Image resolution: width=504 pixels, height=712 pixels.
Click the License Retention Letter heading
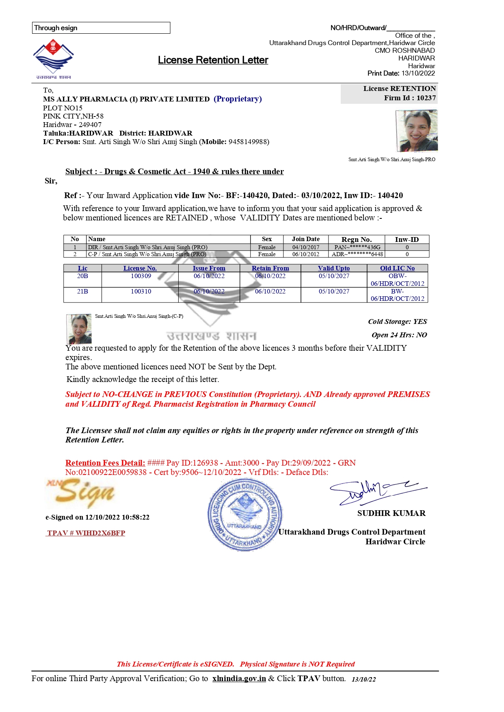coord(213,60)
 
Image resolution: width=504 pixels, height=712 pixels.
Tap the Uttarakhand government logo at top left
coord(53,57)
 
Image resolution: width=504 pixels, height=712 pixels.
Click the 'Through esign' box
coord(101,28)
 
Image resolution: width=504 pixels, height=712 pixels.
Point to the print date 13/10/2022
coord(418,73)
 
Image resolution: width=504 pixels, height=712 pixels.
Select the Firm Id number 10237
coord(426,98)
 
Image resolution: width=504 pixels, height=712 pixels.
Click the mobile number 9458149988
coord(248,142)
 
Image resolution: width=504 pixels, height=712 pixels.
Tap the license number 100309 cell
coord(141,276)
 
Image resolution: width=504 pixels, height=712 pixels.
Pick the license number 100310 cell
coord(141,291)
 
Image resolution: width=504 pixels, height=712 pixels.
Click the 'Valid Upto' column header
coord(333,268)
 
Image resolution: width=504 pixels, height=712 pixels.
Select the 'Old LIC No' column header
coord(397,268)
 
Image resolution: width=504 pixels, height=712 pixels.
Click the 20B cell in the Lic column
coord(82,276)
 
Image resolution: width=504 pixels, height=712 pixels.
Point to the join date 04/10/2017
coord(305,247)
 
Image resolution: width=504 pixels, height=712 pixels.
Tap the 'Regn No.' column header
coord(356,239)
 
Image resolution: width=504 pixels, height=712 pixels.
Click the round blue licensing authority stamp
coord(244,515)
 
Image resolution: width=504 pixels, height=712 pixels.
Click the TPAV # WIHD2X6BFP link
coord(86,533)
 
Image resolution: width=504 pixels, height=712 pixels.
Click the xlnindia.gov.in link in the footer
coord(239,678)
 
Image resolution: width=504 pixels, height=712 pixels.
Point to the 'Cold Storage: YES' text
coord(397,321)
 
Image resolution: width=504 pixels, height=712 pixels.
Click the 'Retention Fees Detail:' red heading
coord(105,463)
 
